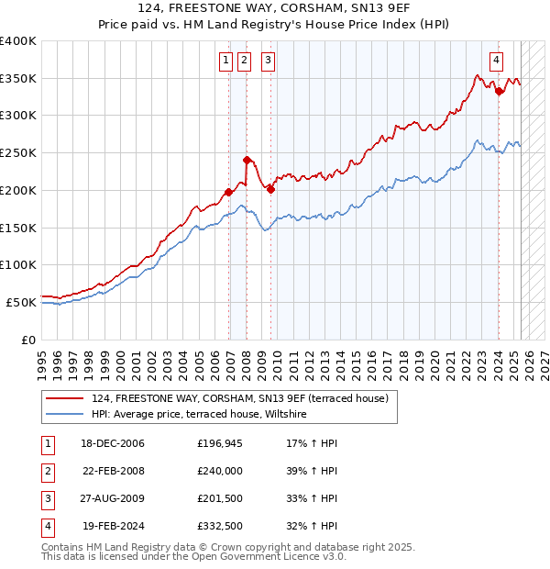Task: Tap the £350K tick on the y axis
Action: pos(18,78)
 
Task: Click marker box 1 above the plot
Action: pos(225,61)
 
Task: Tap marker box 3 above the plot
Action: pos(268,61)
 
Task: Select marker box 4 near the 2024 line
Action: pos(496,61)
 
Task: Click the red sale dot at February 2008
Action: pos(247,160)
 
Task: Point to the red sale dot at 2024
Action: pos(498,91)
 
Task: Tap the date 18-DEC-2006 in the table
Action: pos(114,444)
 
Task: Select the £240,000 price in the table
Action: pos(220,472)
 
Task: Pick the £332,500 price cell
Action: pos(220,527)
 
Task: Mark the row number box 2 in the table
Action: pos(47,472)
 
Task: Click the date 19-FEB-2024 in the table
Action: pos(114,527)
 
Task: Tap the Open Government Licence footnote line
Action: pos(193,556)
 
